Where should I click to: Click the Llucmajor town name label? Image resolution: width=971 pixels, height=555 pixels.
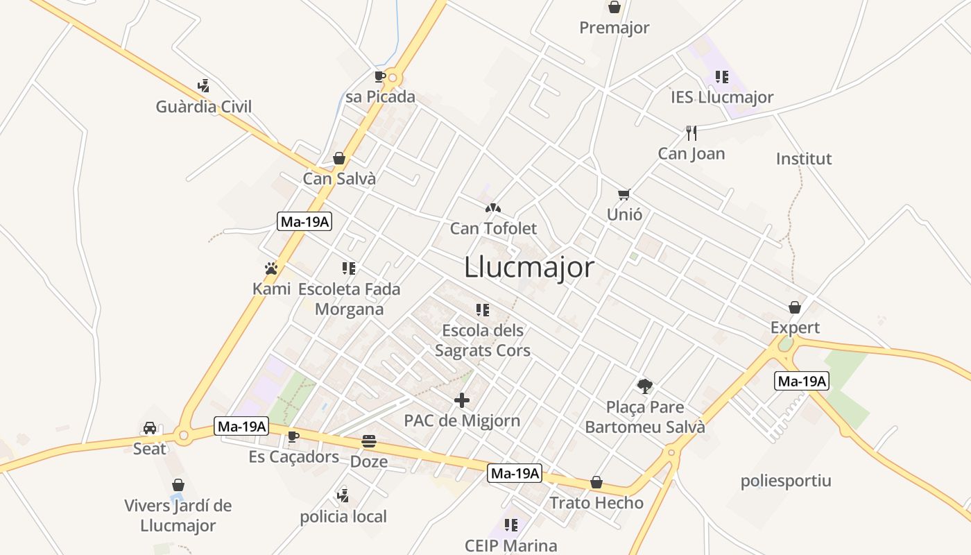click(x=529, y=267)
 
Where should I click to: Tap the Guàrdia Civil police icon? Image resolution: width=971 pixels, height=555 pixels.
click(x=203, y=87)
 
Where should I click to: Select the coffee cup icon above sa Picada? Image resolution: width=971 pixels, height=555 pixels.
click(x=379, y=76)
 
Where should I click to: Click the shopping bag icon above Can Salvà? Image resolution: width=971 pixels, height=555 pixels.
click(x=339, y=158)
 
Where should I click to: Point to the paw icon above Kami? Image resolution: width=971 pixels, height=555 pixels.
click(x=271, y=268)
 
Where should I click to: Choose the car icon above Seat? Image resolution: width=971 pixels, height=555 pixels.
click(x=150, y=428)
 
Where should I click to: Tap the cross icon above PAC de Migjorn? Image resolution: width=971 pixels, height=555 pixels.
click(x=462, y=400)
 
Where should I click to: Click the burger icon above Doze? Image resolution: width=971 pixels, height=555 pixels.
click(x=369, y=441)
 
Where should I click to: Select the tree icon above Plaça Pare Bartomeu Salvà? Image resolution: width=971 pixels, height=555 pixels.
click(x=645, y=386)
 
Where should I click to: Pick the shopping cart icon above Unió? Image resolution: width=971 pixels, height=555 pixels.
click(x=624, y=194)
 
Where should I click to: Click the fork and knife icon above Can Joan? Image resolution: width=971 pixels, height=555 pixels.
click(x=691, y=133)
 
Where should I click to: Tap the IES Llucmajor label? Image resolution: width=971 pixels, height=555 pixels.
click(x=722, y=97)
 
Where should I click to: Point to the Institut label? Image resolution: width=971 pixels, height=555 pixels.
click(x=804, y=159)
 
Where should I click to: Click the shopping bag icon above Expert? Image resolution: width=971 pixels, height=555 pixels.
click(x=795, y=307)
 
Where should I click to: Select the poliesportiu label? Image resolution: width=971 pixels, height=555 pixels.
click(x=786, y=481)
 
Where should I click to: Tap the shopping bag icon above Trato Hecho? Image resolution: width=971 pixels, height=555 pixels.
click(x=596, y=482)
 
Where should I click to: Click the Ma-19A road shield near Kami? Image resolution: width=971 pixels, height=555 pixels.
click(x=304, y=222)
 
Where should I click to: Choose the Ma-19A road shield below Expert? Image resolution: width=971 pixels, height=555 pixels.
click(x=802, y=381)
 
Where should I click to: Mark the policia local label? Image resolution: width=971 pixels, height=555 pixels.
click(x=343, y=517)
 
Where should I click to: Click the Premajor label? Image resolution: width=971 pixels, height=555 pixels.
click(x=615, y=28)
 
